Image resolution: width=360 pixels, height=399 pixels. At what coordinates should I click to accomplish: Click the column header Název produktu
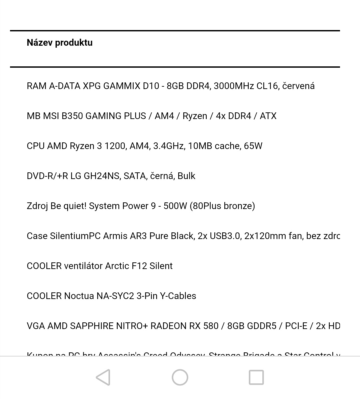point(60,43)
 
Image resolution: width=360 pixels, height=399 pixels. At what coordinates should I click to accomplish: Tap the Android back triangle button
point(103,377)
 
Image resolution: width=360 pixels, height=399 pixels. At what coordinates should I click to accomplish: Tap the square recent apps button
point(256,377)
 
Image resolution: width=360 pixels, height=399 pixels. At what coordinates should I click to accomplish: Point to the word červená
point(298,86)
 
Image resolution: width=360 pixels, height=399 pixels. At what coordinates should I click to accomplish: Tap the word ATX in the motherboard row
point(268,116)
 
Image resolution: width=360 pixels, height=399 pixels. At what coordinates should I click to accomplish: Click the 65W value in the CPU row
point(253,146)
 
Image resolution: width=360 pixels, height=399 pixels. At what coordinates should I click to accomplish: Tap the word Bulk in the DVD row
point(186,176)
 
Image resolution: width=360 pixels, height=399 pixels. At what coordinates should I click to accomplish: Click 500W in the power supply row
point(175,206)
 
